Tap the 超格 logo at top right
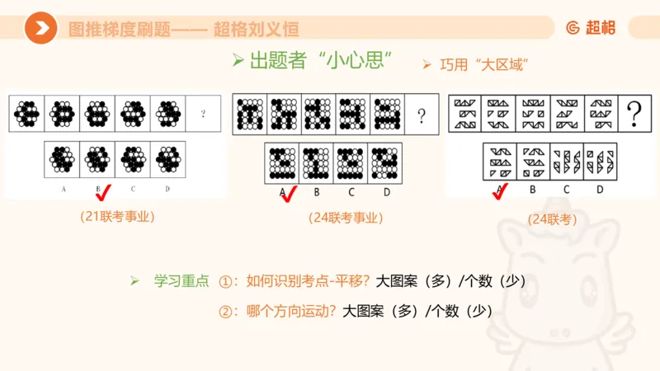(x=592, y=27)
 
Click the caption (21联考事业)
(x=117, y=217)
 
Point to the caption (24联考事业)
(x=346, y=218)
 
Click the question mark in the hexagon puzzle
(x=203, y=114)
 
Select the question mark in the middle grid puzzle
(x=421, y=115)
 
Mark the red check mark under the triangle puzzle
(x=500, y=192)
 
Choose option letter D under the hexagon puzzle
(x=167, y=190)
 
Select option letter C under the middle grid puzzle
(x=351, y=192)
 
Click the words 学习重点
(x=181, y=281)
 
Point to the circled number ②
(x=227, y=312)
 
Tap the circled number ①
(x=227, y=281)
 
